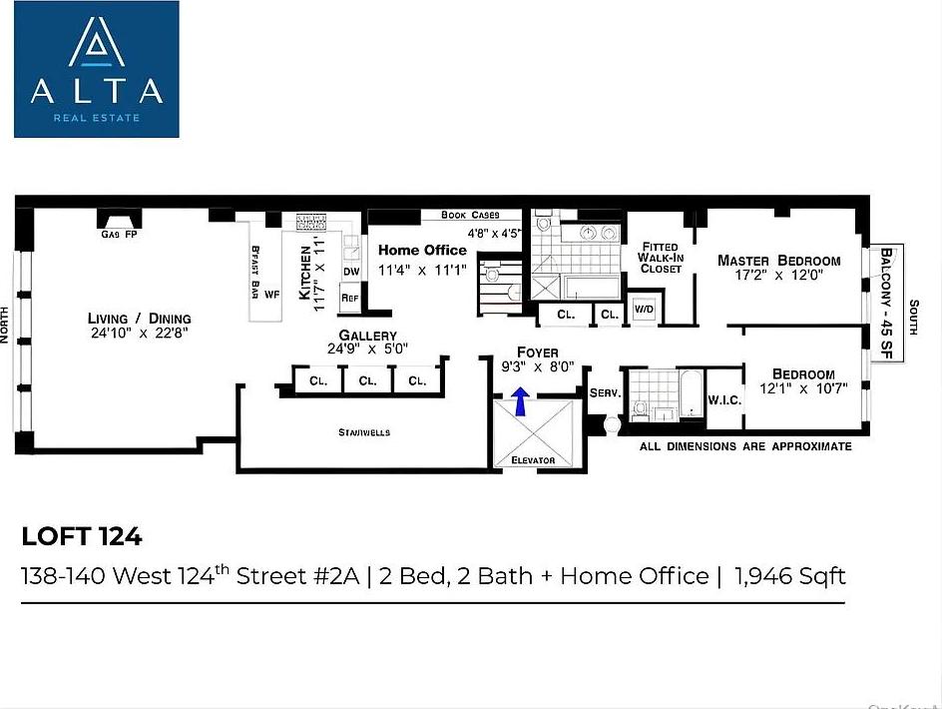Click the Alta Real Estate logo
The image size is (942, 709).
pos(96,69)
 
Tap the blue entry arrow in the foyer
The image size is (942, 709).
pos(520,401)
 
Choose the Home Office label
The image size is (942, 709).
pos(422,251)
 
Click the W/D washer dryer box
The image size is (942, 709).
pos(643,310)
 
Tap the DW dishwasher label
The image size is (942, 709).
pos(350,272)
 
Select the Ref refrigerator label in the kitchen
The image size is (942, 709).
pos(350,298)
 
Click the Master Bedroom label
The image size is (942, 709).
pos(779,261)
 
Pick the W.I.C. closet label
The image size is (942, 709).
pos(723,400)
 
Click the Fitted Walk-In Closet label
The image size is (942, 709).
pos(661,258)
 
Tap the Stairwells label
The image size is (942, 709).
pos(363,432)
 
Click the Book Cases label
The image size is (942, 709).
pos(470,215)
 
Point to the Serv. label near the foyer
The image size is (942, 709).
pos(605,392)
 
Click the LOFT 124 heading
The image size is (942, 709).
pos(82,536)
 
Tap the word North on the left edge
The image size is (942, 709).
pos(6,324)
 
